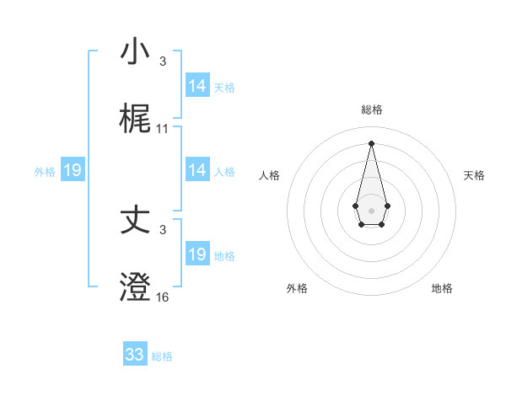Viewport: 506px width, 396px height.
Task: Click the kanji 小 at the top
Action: coord(135,51)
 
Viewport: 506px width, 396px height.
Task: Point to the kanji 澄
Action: coord(135,287)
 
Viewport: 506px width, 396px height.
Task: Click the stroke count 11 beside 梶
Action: coord(163,129)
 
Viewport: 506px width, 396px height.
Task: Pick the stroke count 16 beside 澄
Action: coord(163,297)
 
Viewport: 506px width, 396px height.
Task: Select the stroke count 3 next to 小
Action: coord(163,62)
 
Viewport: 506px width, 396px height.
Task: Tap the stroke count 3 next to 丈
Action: coord(163,230)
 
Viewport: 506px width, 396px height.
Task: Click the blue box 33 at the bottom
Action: coord(135,355)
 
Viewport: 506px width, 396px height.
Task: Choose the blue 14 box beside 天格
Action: coord(197,86)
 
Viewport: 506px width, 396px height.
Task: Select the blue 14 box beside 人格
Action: coord(197,170)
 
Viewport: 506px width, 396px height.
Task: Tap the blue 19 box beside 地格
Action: coord(197,254)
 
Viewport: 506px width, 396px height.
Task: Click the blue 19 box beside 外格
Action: coord(73,170)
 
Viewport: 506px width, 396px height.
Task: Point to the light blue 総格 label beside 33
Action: coord(162,356)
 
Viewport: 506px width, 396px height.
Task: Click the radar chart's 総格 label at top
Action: coord(372,110)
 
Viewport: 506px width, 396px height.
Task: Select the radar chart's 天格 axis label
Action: coord(475,175)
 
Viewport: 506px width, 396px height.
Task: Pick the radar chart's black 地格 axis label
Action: coord(442,288)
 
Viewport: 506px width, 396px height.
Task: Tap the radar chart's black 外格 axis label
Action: coord(297,288)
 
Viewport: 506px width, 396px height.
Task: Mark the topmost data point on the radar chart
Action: coord(371,142)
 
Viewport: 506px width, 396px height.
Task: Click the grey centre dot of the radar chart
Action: coord(371,209)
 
